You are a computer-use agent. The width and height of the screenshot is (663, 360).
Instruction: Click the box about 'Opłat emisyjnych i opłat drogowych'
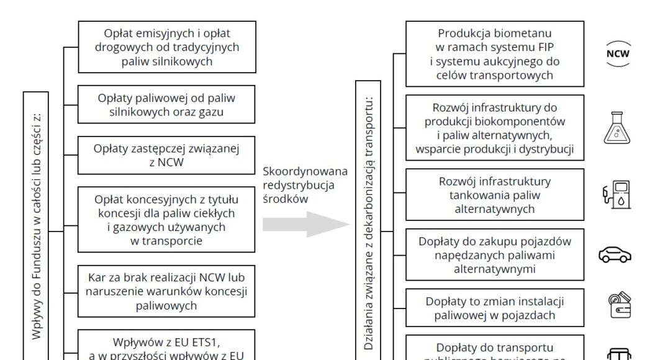coord(166,47)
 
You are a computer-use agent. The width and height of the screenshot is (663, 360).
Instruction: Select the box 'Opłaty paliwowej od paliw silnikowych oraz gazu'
coord(166,105)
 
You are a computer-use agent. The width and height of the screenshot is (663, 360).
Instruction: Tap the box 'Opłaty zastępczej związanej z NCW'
coord(166,155)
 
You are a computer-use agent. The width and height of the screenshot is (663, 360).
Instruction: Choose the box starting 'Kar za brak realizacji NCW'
coord(166,290)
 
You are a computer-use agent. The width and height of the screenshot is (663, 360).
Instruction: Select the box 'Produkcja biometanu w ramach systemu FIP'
coord(494,54)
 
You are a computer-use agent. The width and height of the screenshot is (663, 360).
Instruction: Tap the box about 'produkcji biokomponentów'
coord(494,128)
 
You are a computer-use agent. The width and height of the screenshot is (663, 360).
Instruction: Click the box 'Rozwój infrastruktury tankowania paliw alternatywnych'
coord(494,195)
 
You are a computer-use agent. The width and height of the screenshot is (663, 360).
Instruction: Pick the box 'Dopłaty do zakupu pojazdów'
coord(494,254)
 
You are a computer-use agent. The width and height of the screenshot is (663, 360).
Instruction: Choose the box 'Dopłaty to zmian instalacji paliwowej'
coord(494,308)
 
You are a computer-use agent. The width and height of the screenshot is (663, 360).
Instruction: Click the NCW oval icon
coord(617,53)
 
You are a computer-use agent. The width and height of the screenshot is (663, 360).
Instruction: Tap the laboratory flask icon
coord(616,128)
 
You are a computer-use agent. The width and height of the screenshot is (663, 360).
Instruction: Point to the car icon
coord(615,254)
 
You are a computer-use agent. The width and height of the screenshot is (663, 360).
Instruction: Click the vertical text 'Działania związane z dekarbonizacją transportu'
coord(369,223)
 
